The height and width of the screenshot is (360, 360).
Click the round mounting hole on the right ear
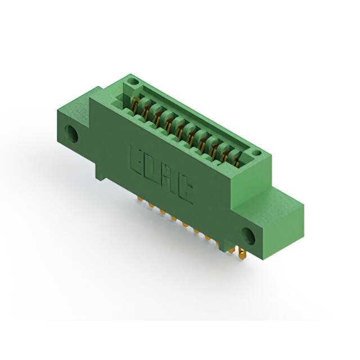click(249, 236)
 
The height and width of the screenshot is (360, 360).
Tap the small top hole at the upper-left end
click(133, 81)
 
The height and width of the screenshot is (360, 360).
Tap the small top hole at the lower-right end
click(256, 152)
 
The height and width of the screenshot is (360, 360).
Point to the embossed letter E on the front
click(136, 159)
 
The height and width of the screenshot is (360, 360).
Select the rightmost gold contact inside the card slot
click(236, 161)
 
